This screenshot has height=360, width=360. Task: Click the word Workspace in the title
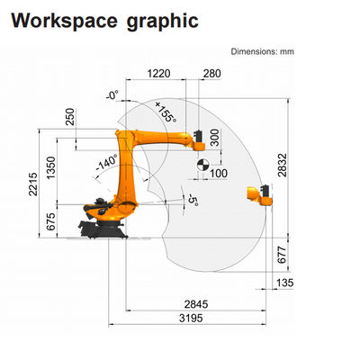pyautogui.click(x=64, y=21)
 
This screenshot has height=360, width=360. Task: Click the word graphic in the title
pyautogui.click(x=163, y=22)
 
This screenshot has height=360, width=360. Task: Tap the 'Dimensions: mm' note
pyautogui.click(x=263, y=51)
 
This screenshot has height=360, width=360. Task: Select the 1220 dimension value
pyautogui.click(x=158, y=74)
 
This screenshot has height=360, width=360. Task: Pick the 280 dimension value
pyautogui.click(x=212, y=74)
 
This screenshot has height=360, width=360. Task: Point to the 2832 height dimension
pyautogui.click(x=283, y=165)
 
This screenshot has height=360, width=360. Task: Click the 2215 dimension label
pyautogui.click(x=33, y=184)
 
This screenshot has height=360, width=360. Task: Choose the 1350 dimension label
pyautogui.click(x=51, y=167)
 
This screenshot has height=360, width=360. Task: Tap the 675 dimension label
pyautogui.click(x=51, y=221)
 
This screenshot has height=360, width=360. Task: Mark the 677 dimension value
pyautogui.click(x=282, y=256)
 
